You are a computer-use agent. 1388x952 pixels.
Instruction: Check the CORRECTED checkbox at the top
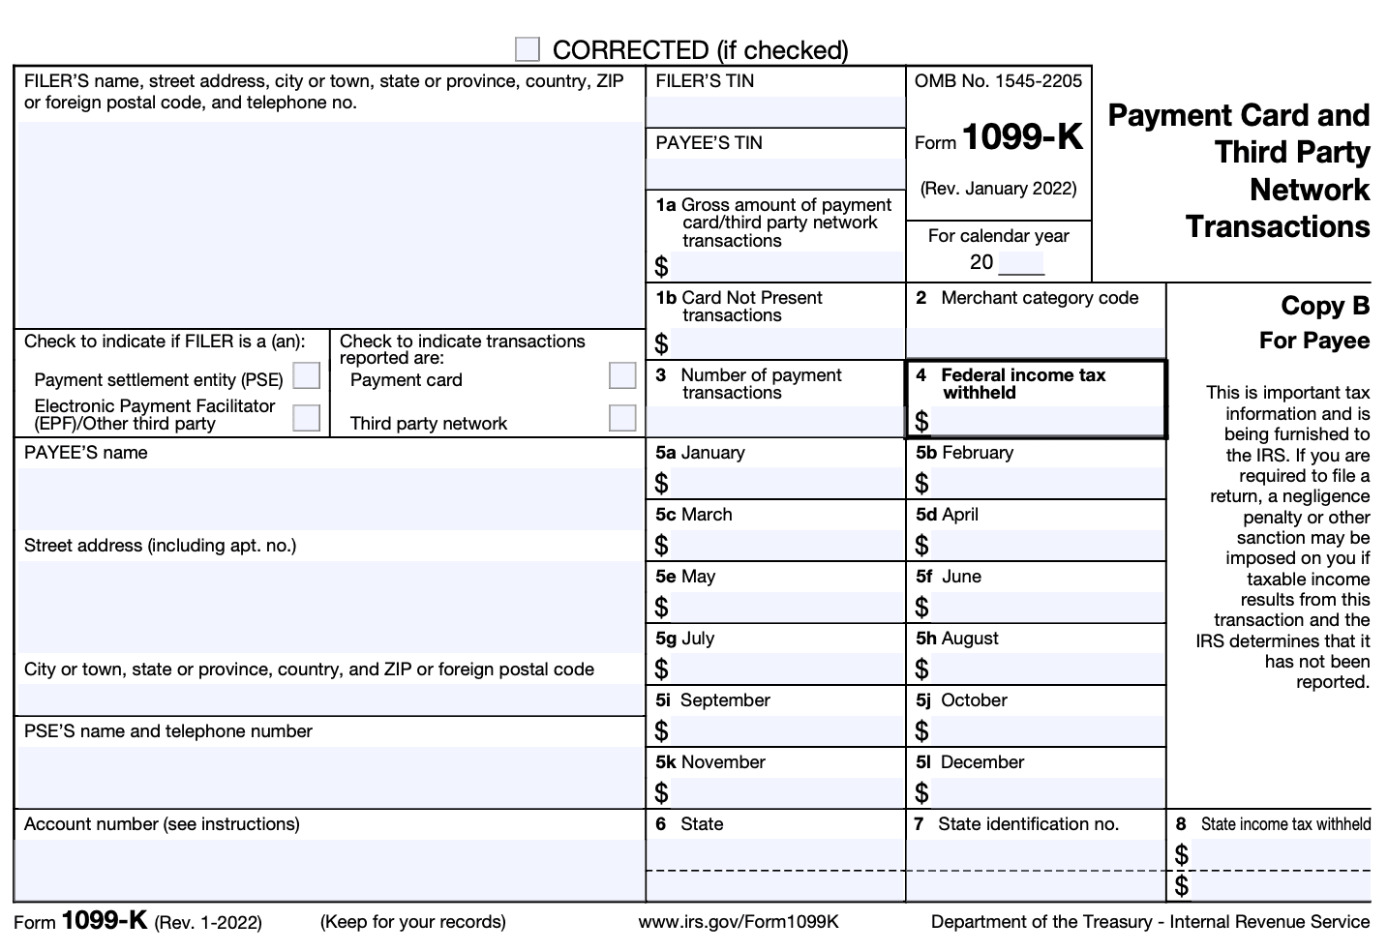point(528,49)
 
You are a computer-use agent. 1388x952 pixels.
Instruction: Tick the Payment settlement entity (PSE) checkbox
point(306,375)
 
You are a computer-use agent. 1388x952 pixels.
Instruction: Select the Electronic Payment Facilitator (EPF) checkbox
point(306,417)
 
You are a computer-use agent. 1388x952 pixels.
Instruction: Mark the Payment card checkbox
point(622,375)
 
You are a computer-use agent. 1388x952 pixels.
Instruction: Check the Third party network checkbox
point(622,417)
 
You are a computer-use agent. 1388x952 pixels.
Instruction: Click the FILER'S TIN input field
point(775,111)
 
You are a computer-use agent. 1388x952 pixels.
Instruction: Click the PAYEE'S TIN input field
point(775,173)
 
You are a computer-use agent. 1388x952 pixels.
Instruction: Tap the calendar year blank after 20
point(1020,262)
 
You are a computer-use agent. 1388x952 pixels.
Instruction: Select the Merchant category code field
point(1036,342)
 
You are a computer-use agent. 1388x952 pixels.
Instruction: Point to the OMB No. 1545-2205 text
point(998,81)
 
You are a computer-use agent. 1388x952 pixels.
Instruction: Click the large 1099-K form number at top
point(1022,138)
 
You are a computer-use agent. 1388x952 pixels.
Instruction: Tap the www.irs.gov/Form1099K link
point(739,922)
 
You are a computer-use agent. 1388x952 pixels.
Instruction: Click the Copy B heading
point(1324,306)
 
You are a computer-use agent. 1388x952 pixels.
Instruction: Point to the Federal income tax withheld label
point(1022,383)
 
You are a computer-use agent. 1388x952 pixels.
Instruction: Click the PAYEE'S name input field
point(330,497)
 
